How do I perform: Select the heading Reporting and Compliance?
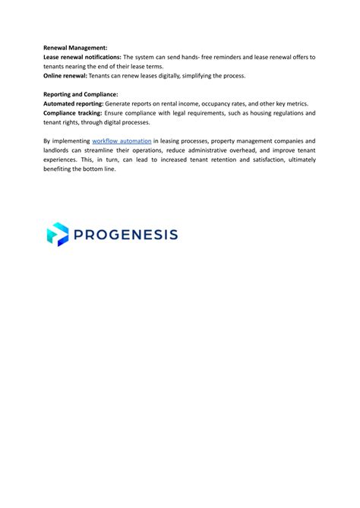point(81,93)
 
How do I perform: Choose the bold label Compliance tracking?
point(77,112)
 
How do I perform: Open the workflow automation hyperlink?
point(122,140)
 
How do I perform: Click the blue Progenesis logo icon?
point(57,234)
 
